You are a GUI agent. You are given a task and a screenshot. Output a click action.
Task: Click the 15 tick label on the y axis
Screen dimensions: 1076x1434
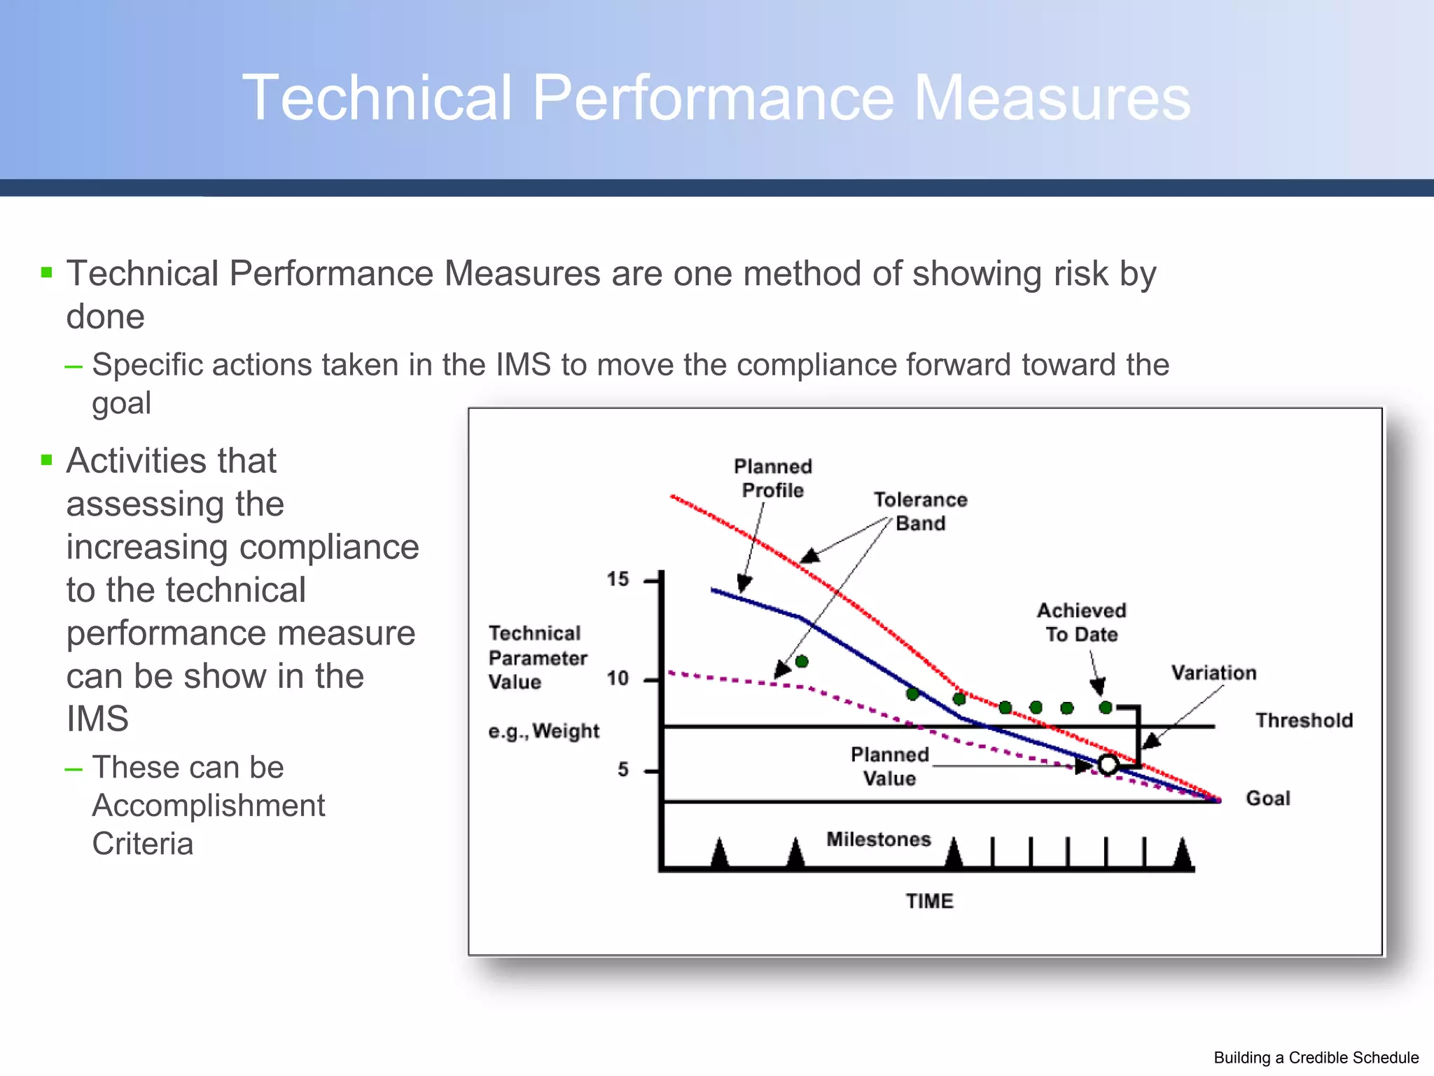tap(618, 579)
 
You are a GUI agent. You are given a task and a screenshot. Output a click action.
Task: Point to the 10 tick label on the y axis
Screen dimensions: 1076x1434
tap(618, 678)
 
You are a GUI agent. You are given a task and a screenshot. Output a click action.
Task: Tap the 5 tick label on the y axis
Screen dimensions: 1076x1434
tap(623, 770)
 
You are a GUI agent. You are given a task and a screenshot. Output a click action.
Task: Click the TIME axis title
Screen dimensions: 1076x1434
tap(929, 901)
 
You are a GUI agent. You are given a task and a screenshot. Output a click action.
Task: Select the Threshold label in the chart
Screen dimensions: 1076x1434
tap(1304, 720)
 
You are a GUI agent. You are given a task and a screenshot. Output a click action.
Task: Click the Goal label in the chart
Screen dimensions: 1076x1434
tap(1268, 798)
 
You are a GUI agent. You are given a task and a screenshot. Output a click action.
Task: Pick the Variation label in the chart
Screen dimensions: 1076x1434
tap(1214, 672)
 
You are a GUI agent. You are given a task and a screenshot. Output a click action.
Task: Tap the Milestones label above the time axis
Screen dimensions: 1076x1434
tap(879, 839)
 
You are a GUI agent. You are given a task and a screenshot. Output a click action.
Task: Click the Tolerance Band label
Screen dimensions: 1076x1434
tap(920, 511)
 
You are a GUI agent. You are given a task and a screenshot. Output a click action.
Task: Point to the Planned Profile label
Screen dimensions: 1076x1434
tap(773, 478)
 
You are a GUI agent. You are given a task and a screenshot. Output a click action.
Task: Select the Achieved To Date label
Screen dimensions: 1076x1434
tap(1082, 622)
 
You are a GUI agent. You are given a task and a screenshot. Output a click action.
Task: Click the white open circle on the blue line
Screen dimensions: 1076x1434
tap(1108, 764)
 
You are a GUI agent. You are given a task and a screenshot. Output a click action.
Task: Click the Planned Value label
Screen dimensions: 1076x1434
tap(889, 766)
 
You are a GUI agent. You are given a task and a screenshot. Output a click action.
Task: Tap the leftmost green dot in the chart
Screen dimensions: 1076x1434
tap(802, 661)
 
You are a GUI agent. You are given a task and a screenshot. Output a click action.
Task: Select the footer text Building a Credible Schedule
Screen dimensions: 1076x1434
tap(1316, 1058)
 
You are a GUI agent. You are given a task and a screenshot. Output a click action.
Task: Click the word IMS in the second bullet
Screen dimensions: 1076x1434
tap(97, 719)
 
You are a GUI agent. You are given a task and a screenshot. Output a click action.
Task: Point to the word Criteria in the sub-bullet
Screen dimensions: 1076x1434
tap(143, 843)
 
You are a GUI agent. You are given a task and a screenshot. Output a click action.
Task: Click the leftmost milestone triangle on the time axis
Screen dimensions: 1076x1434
tap(719, 853)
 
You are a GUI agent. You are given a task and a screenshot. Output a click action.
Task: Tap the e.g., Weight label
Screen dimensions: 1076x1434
tap(544, 731)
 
